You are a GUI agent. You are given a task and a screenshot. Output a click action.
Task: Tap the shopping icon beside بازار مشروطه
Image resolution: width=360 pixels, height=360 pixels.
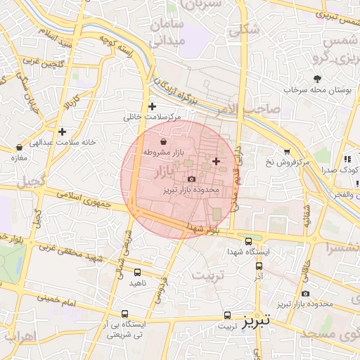coord(163,141)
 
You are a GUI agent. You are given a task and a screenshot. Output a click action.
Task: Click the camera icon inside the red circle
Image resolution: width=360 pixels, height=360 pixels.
coord(191,180)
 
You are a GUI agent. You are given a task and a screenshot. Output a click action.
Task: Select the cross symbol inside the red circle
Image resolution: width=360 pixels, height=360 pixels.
coord(215,162)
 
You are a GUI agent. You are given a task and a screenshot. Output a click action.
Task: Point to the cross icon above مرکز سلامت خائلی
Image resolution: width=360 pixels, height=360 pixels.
coord(152,106)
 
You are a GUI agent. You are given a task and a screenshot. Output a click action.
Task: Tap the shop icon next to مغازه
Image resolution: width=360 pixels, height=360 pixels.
coord(19,148)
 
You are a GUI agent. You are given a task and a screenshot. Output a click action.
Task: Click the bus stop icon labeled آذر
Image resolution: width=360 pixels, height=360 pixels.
coord(259,266)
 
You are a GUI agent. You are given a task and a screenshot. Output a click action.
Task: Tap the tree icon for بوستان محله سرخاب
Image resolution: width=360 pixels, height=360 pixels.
coord(318,79)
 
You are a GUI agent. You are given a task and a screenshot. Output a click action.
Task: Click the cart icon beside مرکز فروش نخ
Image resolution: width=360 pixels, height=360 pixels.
coord(287,151)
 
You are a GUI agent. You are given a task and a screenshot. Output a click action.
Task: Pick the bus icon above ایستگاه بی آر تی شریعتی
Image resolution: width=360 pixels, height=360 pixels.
coord(125,314)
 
